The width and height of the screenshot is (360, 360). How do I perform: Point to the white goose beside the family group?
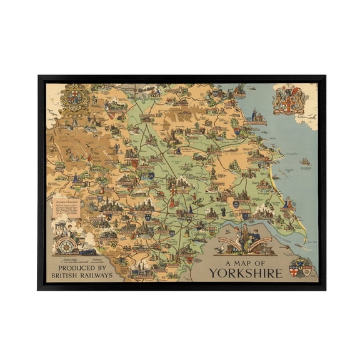(219, 249)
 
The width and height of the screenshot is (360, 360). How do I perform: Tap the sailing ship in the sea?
(304, 162)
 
